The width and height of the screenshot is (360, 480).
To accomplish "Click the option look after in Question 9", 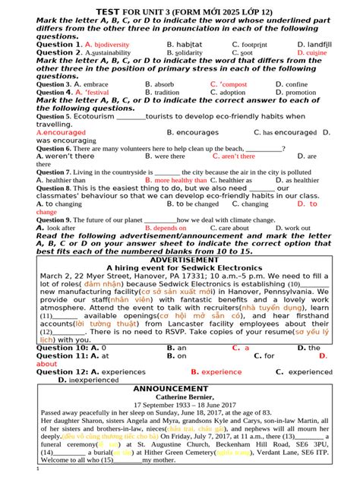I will pyautogui.click(x=61, y=228).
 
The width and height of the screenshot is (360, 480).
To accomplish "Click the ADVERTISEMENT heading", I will pyautogui.click(x=179, y=260).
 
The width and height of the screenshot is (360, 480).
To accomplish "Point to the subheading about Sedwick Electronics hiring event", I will pyautogui.click(x=179, y=267).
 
